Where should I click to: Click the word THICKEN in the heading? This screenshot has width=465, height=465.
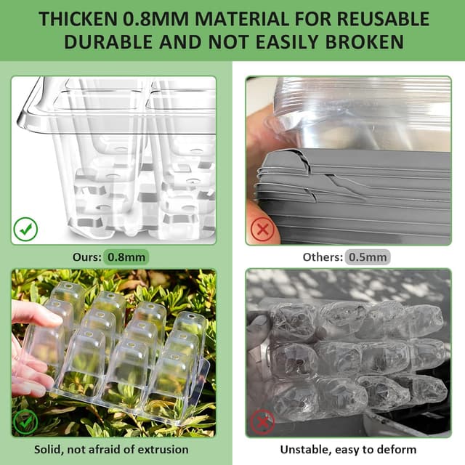point(81,18)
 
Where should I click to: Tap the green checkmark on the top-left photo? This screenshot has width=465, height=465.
point(26,230)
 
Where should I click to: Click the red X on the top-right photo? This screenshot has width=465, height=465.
point(261,230)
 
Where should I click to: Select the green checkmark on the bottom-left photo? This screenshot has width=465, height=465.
point(26,421)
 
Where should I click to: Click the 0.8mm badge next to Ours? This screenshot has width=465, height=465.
point(126,256)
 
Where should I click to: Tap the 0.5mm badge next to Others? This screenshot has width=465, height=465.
point(368,256)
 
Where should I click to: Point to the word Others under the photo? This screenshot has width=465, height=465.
point(322,256)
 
